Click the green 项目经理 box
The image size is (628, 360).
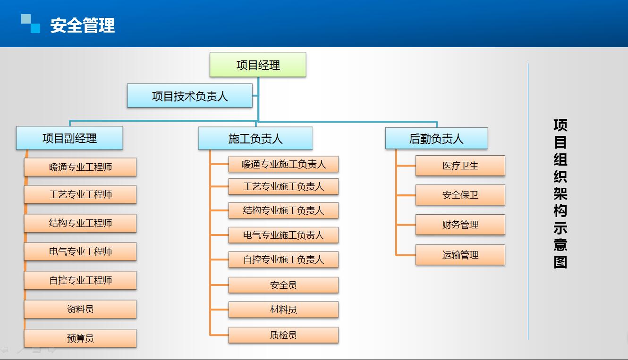click(x=258, y=65)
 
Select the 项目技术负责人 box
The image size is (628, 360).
click(x=190, y=95)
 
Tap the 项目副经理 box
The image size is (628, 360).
click(x=69, y=138)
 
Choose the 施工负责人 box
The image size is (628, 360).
click(x=255, y=138)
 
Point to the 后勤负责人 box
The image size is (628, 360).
click(x=436, y=138)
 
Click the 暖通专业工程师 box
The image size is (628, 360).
click(x=80, y=167)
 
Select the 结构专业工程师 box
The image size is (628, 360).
click(x=80, y=223)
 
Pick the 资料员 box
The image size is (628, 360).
click(x=80, y=309)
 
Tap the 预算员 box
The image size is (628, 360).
click(x=80, y=338)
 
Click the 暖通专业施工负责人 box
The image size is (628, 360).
click(x=283, y=164)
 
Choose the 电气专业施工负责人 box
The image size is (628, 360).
click(x=283, y=235)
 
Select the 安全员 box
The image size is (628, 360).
click(x=283, y=285)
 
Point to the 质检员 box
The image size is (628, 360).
click(x=283, y=335)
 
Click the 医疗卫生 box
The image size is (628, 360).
click(x=460, y=166)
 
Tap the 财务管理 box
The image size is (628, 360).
click(x=460, y=225)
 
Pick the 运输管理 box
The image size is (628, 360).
click(x=460, y=255)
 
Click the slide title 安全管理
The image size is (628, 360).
click(x=83, y=25)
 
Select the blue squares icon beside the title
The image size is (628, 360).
click(x=31, y=24)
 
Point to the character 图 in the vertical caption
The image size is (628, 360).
click(x=560, y=262)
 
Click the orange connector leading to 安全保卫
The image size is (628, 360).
click(x=406, y=195)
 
